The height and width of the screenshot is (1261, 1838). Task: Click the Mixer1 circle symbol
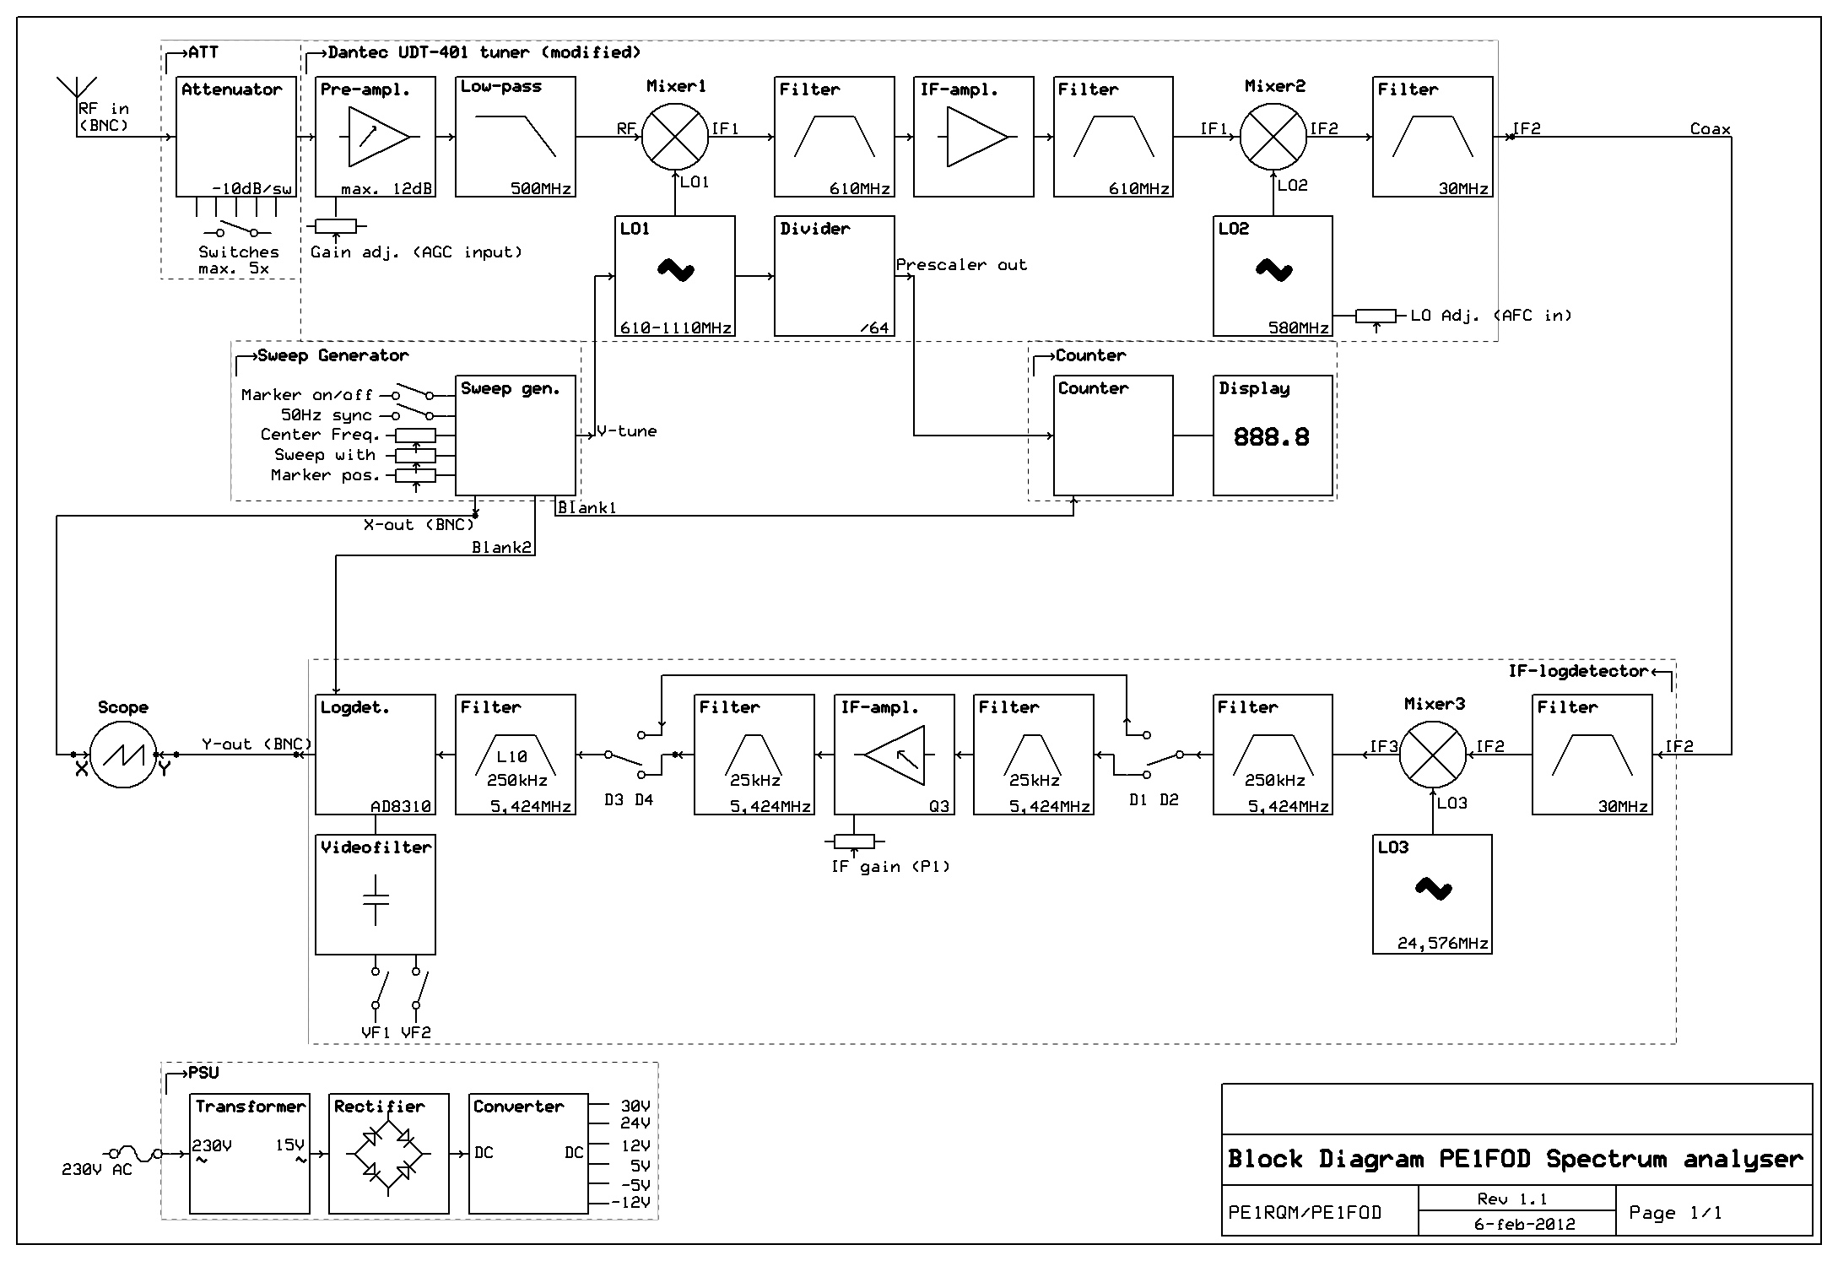tap(675, 137)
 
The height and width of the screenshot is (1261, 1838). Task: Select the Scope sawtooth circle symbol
tap(123, 755)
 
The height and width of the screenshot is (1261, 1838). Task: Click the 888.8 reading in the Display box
tap(1271, 436)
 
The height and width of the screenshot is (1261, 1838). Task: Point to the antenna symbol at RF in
tap(77, 87)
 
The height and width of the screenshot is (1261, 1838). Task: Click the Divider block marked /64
tap(834, 276)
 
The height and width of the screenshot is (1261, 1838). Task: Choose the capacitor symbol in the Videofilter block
tap(376, 901)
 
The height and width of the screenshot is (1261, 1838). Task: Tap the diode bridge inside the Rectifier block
tap(388, 1153)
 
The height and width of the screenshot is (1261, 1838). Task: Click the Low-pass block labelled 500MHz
tap(515, 137)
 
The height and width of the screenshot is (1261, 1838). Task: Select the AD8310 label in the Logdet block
tap(401, 806)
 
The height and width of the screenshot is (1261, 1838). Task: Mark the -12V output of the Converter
tap(632, 1202)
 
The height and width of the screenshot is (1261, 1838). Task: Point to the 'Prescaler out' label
tap(961, 265)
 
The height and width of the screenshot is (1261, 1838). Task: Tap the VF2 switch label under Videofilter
tap(416, 1032)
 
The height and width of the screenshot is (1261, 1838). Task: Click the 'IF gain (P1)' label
tap(890, 867)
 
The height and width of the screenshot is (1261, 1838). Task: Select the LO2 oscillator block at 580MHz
tap(1273, 276)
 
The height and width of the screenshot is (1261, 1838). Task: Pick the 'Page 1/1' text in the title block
tap(1675, 1213)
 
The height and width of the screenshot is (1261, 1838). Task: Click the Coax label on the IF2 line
tap(1710, 129)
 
